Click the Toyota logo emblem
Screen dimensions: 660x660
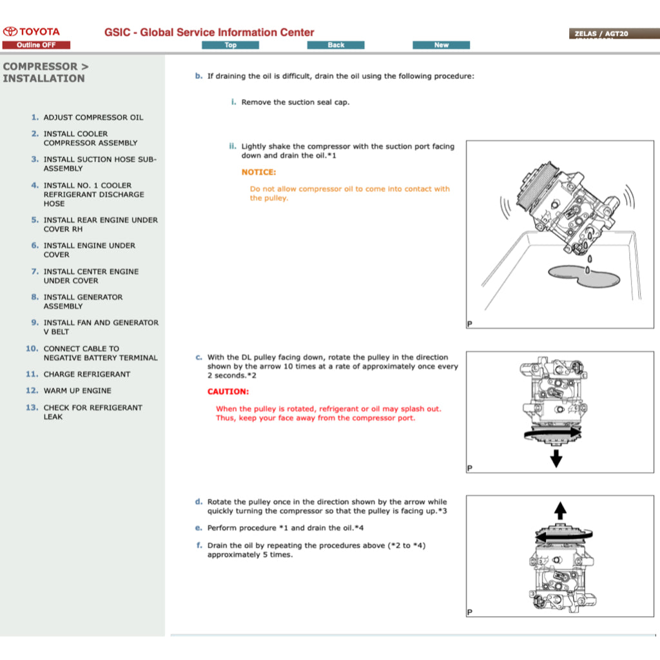click(10, 32)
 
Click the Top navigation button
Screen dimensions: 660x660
click(230, 45)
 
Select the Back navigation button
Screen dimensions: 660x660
click(336, 45)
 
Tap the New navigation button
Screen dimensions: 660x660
click(441, 45)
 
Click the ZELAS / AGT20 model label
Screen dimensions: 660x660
click(601, 34)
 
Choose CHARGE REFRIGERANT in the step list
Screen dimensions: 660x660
click(86, 374)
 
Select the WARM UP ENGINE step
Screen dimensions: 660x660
click(77, 391)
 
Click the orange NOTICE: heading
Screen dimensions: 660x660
click(258, 172)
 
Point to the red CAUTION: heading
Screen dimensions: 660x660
click(228, 391)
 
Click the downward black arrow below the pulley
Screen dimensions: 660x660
click(556, 459)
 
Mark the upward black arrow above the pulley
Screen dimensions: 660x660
click(560, 511)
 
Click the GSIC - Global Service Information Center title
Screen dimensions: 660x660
click(209, 32)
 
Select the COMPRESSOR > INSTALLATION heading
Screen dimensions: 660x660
click(46, 72)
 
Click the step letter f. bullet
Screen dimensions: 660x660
click(199, 545)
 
